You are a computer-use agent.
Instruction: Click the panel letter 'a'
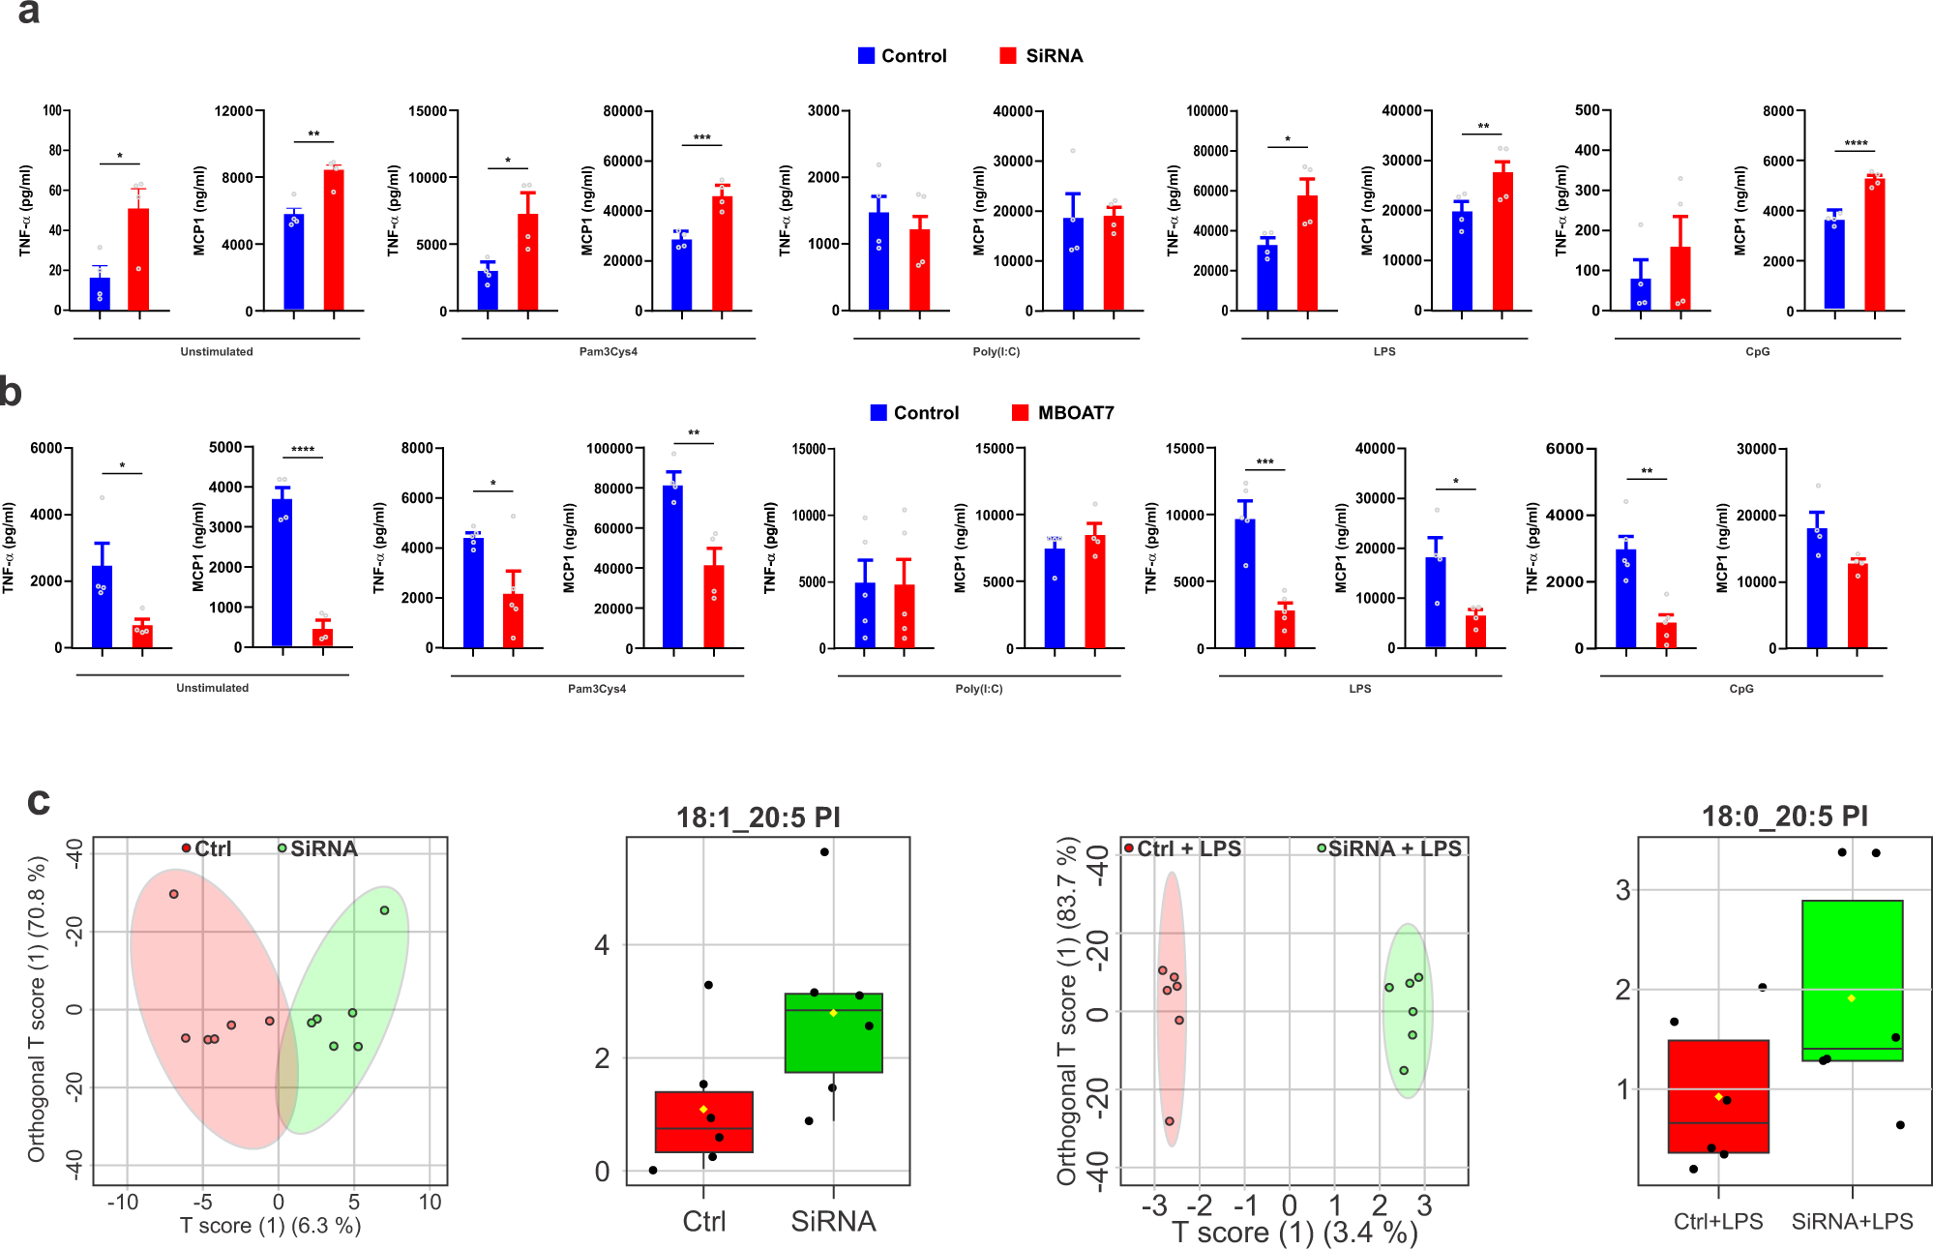pos(28,12)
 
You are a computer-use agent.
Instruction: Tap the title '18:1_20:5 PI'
pos(758,818)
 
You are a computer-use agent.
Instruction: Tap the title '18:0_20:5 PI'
pos(1784,816)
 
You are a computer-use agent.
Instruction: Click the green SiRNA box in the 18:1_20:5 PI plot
pos(833,1032)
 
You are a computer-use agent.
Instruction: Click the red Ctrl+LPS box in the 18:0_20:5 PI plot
pos(1718,1096)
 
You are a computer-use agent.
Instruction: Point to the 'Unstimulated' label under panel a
pos(216,351)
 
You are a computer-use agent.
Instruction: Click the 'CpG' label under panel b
pos(1740,689)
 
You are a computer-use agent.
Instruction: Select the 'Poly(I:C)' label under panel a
pos(996,351)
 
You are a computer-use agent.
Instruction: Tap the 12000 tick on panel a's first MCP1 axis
pos(233,111)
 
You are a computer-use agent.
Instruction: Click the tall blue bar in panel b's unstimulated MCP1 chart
pos(282,571)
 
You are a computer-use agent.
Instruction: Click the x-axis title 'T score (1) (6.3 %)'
pos(270,1226)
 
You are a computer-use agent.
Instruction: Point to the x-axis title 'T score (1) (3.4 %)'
pos(1294,1233)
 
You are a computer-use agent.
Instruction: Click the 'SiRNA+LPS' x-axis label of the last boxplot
pos(1851,1221)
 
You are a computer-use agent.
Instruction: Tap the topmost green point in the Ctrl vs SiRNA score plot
pos(384,910)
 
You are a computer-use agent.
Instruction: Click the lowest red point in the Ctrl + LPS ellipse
pos(1169,1121)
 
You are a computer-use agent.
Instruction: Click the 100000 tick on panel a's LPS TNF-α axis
pos(1206,111)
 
